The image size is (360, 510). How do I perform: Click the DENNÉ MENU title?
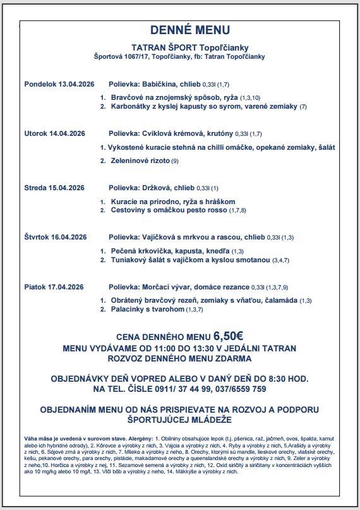(x=181, y=30)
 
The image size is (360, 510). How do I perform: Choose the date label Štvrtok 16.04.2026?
(x=54, y=237)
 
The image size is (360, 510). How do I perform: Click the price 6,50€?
(x=228, y=336)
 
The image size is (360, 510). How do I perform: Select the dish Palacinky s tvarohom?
(x=148, y=310)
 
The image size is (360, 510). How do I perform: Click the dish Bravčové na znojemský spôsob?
(x=165, y=98)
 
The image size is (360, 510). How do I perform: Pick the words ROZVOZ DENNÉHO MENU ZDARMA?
(x=180, y=358)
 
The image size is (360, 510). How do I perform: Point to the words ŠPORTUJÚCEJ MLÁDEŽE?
(x=180, y=420)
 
